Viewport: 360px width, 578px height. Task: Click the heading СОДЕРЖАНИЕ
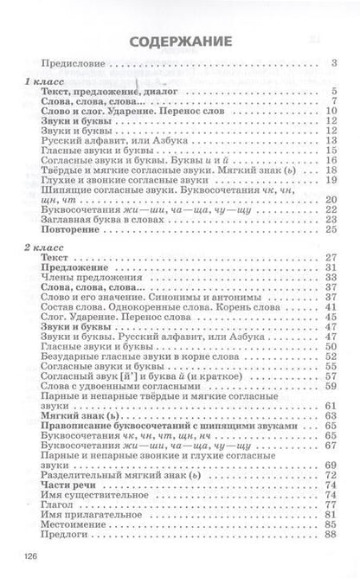180,41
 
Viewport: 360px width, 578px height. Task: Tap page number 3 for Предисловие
333,63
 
